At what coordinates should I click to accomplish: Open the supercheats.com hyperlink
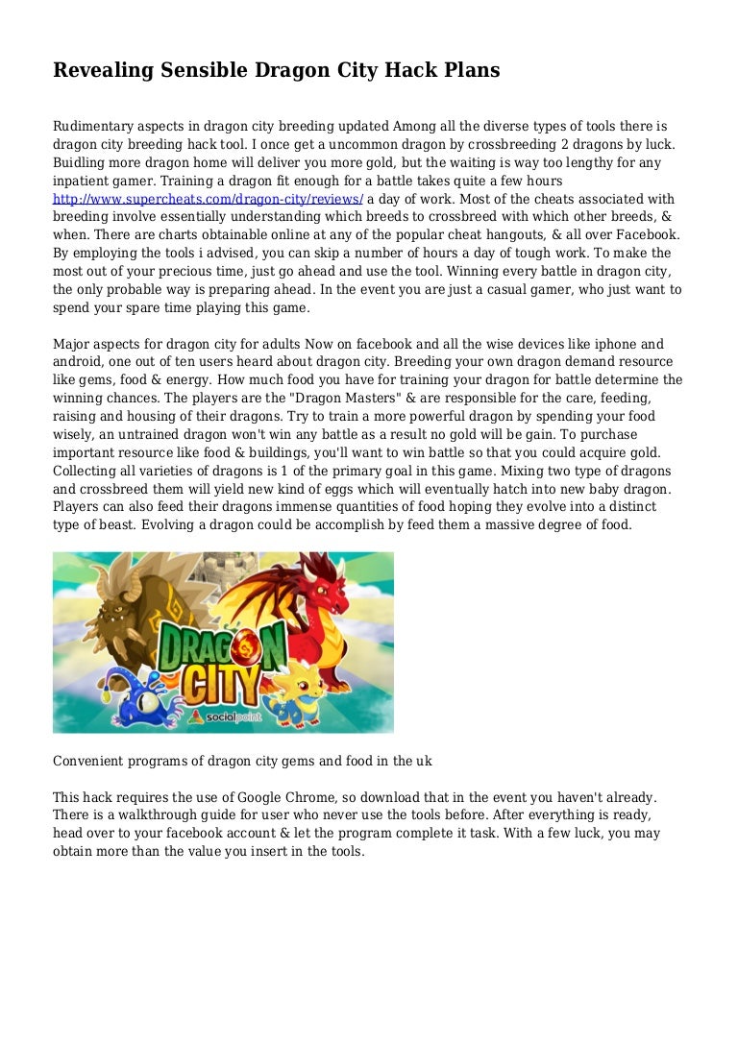[208, 199]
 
